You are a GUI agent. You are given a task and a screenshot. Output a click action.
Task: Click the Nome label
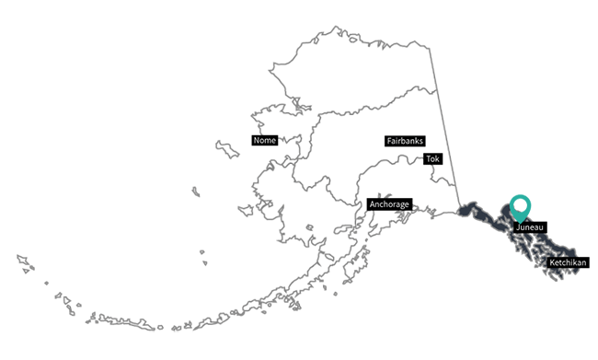point(264,141)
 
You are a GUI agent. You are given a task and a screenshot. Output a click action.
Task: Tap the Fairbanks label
point(403,142)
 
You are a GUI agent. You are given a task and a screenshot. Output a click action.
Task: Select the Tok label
point(433,159)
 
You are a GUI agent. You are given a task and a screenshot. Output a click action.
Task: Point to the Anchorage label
point(388,203)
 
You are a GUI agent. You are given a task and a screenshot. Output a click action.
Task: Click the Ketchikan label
point(567,263)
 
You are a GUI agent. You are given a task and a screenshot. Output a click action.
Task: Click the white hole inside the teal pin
point(522,205)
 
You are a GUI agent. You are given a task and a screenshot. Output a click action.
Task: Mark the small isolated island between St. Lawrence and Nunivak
point(196,192)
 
